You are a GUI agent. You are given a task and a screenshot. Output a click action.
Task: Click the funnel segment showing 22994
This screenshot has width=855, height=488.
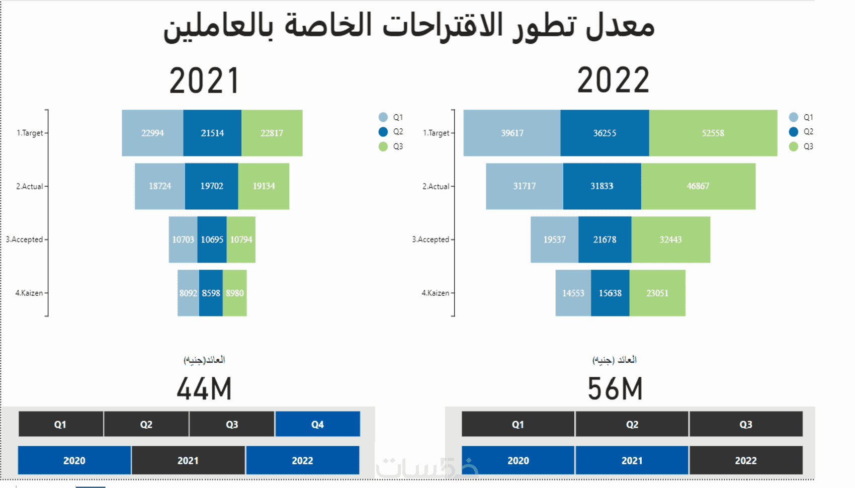click(x=152, y=133)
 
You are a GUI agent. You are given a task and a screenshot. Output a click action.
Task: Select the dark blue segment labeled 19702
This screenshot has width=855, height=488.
click(x=211, y=186)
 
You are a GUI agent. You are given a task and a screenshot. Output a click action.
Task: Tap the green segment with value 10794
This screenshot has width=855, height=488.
click(x=241, y=239)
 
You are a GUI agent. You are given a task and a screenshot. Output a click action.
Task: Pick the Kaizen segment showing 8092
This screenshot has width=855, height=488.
click(x=188, y=293)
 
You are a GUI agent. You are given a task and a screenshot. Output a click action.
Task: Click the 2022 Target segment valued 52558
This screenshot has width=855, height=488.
click(x=713, y=133)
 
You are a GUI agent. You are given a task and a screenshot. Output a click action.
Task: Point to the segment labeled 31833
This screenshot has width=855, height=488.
click(x=602, y=186)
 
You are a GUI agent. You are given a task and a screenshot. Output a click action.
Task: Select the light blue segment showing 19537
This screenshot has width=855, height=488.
click(x=554, y=239)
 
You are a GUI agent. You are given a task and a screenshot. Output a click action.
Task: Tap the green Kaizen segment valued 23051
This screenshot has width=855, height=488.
click(x=657, y=293)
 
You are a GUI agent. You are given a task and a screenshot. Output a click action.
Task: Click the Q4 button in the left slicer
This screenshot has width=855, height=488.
click(x=317, y=424)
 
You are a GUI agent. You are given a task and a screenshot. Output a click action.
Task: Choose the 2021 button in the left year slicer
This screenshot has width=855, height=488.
click(x=188, y=460)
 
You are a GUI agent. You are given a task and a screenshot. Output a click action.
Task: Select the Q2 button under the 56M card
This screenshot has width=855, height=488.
click(x=632, y=424)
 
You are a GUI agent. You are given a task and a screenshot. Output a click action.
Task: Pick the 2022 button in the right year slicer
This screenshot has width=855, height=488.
click(x=745, y=460)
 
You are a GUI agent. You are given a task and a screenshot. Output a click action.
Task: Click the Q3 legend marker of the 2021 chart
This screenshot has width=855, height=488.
click(x=383, y=146)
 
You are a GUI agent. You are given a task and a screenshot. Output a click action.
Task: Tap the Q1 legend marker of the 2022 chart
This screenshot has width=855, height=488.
click(x=794, y=117)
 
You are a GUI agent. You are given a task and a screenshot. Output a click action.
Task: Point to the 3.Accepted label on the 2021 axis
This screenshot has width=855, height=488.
click(x=24, y=239)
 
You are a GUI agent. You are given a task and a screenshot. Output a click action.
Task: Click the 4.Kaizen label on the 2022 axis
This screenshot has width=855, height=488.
click(x=435, y=293)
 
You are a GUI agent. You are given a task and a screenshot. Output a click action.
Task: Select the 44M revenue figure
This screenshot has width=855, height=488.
click(x=204, y=389)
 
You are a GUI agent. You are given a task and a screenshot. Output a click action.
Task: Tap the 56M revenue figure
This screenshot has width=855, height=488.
click(x=615, y=389)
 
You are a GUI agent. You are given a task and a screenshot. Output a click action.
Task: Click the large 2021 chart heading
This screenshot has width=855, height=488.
click(x=204, y=80)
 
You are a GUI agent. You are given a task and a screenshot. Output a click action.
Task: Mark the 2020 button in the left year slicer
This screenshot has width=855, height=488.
click(x=74, y=460)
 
